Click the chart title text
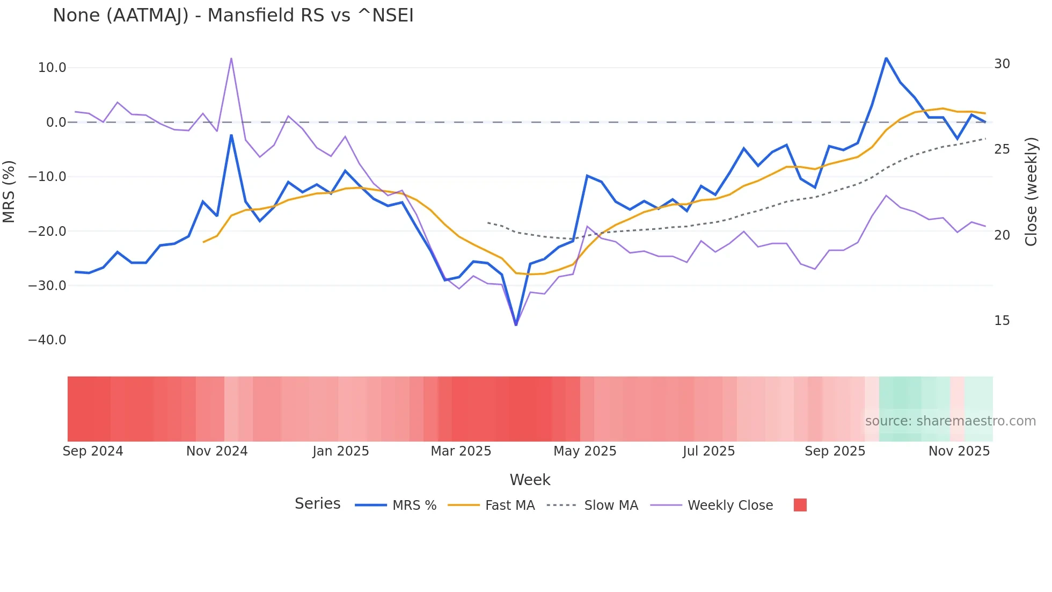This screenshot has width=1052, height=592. coord(233,16)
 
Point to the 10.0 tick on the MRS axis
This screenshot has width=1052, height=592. coord(52,68)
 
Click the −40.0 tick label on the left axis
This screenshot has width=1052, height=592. coord(47,340)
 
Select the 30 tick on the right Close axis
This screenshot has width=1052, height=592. coord(1002,64)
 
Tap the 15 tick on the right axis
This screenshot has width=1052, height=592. coord(1002,321)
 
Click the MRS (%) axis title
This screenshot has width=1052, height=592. coord(9,191)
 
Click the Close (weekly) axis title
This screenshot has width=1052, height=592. coord(1031,191)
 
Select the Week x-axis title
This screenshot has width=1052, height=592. coord(530,480)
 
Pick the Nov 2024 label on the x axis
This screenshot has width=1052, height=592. coord(217,451)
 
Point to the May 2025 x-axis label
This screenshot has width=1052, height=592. coord(585,451)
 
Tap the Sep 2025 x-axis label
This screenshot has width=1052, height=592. coord(835,451)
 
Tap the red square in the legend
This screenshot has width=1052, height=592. coord(800,505)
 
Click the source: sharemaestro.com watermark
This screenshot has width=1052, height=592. coord(950,421)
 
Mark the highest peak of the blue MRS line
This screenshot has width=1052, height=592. coord(886,58)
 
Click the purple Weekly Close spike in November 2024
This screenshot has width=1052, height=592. coord(231,59)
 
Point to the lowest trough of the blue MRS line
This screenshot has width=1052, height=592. coord(516,324)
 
